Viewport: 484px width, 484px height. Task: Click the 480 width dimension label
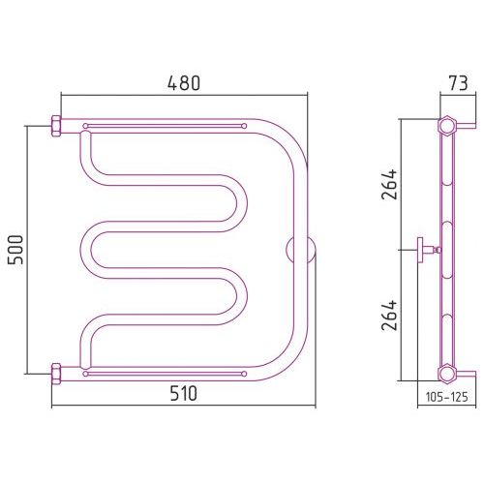click(x=184, y=83)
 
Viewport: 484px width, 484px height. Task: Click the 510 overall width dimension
click(x=183, y=394)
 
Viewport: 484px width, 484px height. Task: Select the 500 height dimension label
click(x=15, y=250)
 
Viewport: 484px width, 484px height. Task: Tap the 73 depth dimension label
click(x=459, y=83)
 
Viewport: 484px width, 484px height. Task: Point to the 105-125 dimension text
click(x=446, y=397)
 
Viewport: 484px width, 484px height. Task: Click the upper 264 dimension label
click(x=389, y=184)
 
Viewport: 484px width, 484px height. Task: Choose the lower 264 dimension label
click(x=389, y=316)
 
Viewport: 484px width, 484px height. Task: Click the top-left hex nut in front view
click(x=56, y=126)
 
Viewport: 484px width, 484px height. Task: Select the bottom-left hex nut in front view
click(x=56, y=374)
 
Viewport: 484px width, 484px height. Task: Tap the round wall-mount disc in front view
click(x=301, y=250)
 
